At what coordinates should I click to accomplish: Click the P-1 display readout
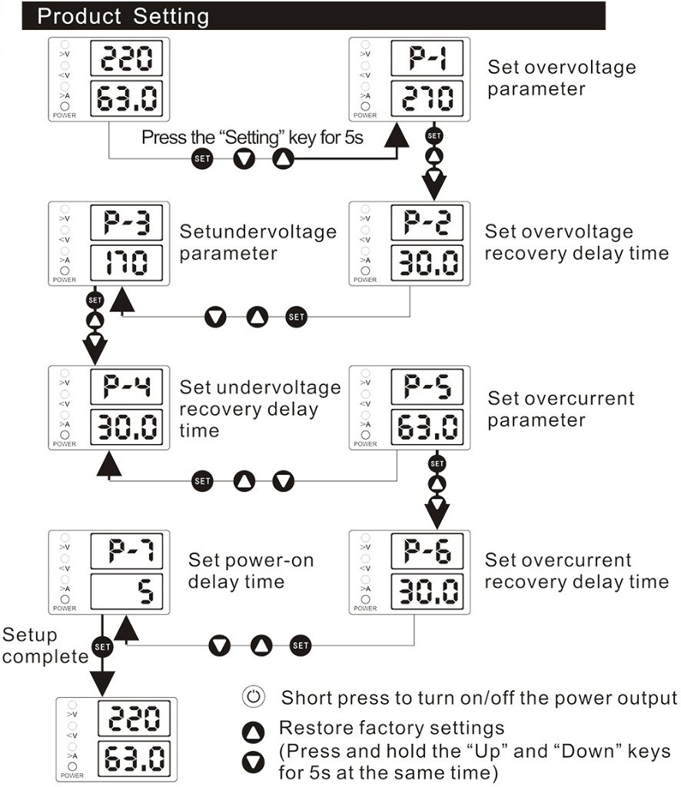point(427,58)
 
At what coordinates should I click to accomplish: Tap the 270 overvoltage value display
point(427,98)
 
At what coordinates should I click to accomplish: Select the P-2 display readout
point(427,222)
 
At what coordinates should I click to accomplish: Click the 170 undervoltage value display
point(127,263)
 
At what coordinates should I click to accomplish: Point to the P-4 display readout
point(127,387)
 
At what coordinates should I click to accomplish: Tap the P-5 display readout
point(427,387)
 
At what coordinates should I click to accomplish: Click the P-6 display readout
point(427,551)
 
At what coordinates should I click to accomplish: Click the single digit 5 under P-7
point(145,591)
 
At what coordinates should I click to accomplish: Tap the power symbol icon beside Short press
point(254,696)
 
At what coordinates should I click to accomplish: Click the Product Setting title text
point(123,17)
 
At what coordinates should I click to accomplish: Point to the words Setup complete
point(45,646)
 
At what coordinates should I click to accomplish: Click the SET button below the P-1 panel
point(434,135)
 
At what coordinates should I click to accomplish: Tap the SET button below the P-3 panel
point(95,301)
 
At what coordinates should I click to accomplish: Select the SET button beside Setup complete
point(102,646)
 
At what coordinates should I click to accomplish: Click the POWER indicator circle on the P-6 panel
point(365,599)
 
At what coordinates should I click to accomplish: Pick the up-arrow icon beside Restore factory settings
point(254,732)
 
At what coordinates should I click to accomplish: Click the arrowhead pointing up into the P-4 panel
point(109,463)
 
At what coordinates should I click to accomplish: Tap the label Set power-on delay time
point(251,571)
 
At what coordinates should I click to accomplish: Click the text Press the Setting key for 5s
point(252,137)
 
